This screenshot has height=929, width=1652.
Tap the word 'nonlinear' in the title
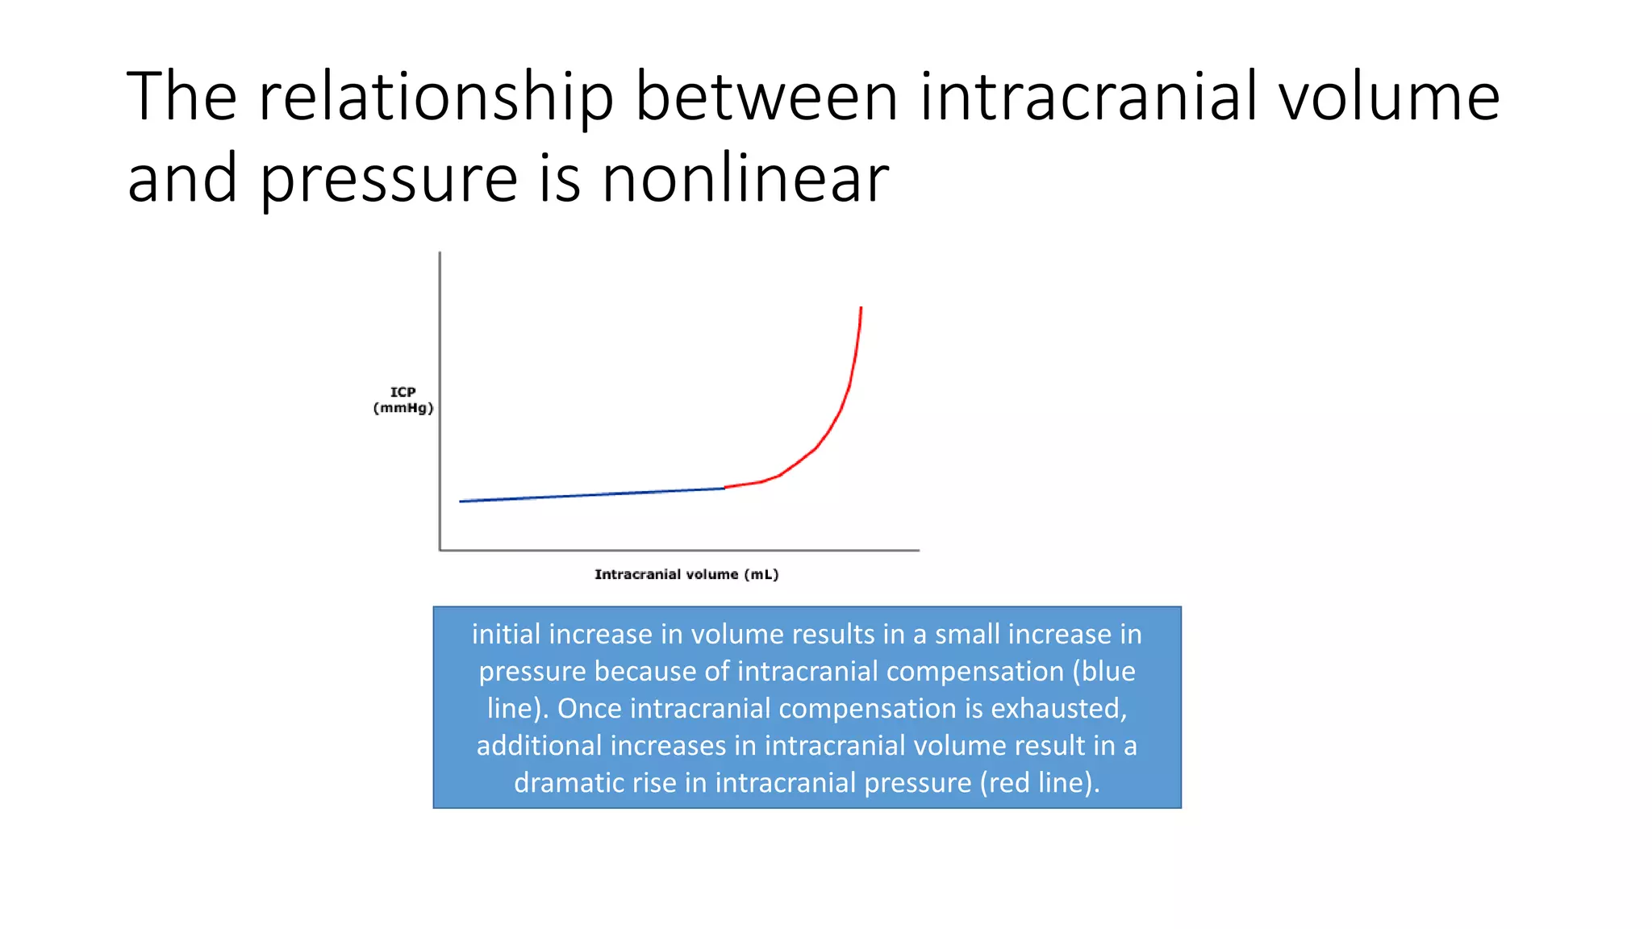click(745, 179)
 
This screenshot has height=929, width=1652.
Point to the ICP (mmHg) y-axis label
click(403, 400)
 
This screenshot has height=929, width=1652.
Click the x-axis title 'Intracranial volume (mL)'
click(686, 574)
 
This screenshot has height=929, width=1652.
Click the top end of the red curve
click(861, 308)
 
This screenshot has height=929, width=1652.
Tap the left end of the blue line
click(461, 502)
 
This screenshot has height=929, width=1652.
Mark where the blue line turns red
click(724, 488)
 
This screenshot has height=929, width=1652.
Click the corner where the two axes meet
click(440, 550)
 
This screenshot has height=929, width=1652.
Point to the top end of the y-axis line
click(440, 253)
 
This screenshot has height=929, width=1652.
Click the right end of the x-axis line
click(918, 550)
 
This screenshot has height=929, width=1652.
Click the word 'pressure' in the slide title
click(389, 179)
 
